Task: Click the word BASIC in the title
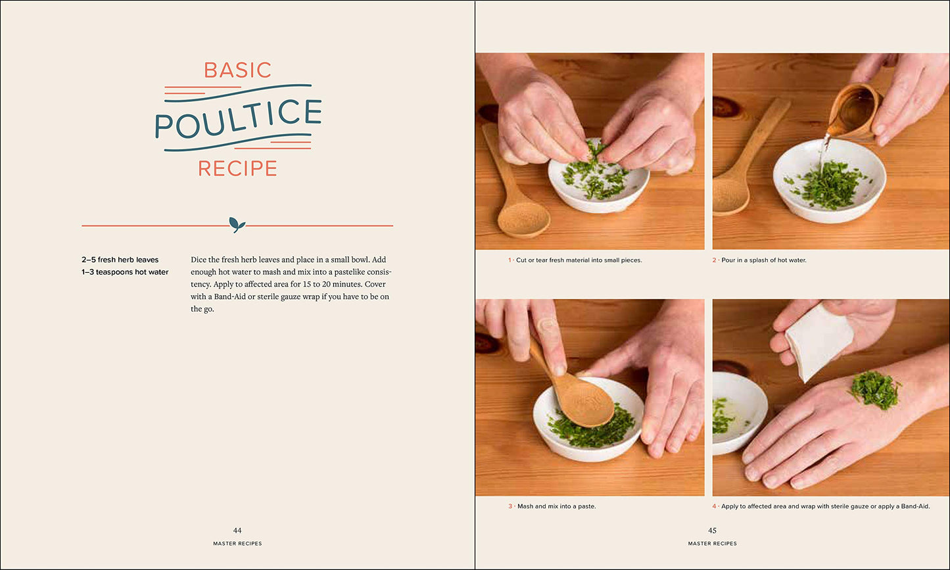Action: tap(237, 70)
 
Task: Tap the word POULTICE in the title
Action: tap(239, 119)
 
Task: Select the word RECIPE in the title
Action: tap(237, 168)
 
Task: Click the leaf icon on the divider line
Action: tap(237, 224)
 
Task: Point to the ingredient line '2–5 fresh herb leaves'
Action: tap(120, 260)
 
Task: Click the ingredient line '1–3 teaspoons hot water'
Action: tap(125, 272)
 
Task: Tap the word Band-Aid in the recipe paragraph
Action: tap(229, 297)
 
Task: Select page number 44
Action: tap(237, 531)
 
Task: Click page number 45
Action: tap(713, 531)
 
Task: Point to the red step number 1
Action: tap(510, 260)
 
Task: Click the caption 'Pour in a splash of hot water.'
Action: tap(764, 260)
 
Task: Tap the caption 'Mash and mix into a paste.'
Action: tap(556, 506)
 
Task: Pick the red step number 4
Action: tap(714, 506)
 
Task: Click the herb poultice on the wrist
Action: tap(874, 390)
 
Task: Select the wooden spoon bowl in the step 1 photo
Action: tap(523, 218)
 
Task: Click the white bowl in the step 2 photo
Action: tap(829, 181)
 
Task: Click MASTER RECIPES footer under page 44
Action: tap(237, 543)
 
